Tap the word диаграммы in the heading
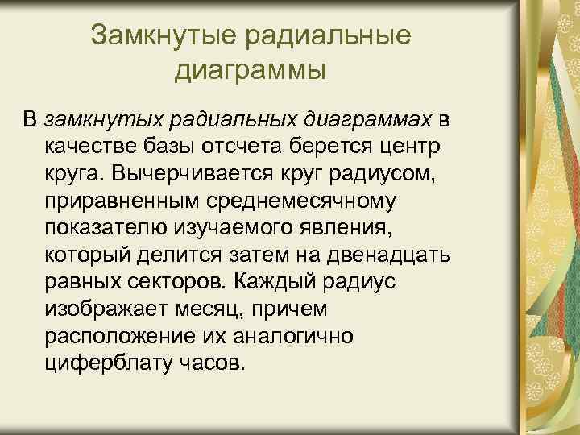(x=251, y=70)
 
